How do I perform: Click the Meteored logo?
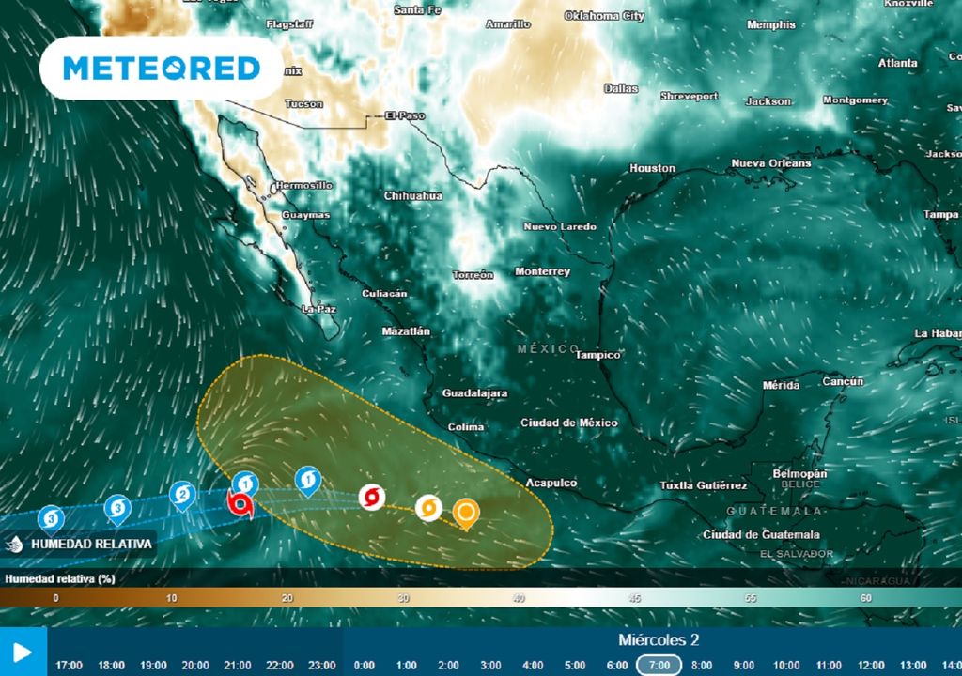(161, 69)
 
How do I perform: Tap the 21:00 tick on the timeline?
(237, 665)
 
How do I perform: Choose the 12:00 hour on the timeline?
(869, 665)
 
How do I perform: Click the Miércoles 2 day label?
(658, 640)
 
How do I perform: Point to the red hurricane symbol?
(241, 504)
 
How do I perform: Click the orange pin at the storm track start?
(465, 513)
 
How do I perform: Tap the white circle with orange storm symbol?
(428, 508)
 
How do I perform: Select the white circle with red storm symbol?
(371, 497)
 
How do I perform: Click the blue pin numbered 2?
(182, 494)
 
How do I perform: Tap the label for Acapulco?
(551, 483)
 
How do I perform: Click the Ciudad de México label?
(569, 423)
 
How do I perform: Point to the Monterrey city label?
(542, 271)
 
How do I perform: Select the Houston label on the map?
(652, 168)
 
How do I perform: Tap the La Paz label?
(318, 308)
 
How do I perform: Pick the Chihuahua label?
(412, 196)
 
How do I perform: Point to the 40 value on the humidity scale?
(519, 597)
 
